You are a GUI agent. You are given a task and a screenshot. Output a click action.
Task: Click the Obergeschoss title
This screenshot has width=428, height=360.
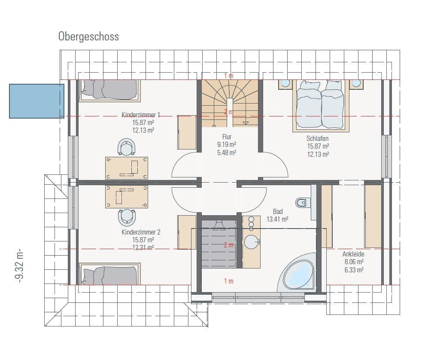point(88,37)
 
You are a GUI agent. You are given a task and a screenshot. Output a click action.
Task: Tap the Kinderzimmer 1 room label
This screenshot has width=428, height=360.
point(141,115)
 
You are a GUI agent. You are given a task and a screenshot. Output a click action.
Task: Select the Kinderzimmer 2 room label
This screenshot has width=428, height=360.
point(141,232)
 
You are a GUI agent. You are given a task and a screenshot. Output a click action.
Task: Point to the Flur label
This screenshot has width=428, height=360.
point(227,137)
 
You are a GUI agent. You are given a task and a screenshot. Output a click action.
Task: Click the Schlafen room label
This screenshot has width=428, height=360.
point(318,138)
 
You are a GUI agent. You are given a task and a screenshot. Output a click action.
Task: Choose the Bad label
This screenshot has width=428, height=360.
point(278,211)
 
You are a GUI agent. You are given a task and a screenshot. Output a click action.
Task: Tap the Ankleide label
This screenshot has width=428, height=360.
point(353,254)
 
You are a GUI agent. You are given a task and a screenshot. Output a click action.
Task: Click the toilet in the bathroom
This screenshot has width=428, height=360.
point(302,201)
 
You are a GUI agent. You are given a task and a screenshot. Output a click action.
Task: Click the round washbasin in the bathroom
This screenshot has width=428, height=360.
point(251,241)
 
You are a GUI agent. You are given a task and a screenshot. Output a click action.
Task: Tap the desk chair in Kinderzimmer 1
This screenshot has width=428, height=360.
point(127,147)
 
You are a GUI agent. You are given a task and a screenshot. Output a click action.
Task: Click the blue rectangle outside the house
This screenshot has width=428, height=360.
point(36,101)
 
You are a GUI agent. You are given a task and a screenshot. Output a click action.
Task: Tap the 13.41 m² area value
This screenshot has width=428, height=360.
point(278,219)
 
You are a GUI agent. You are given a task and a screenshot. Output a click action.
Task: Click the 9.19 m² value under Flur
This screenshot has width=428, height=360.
point(227,145)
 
